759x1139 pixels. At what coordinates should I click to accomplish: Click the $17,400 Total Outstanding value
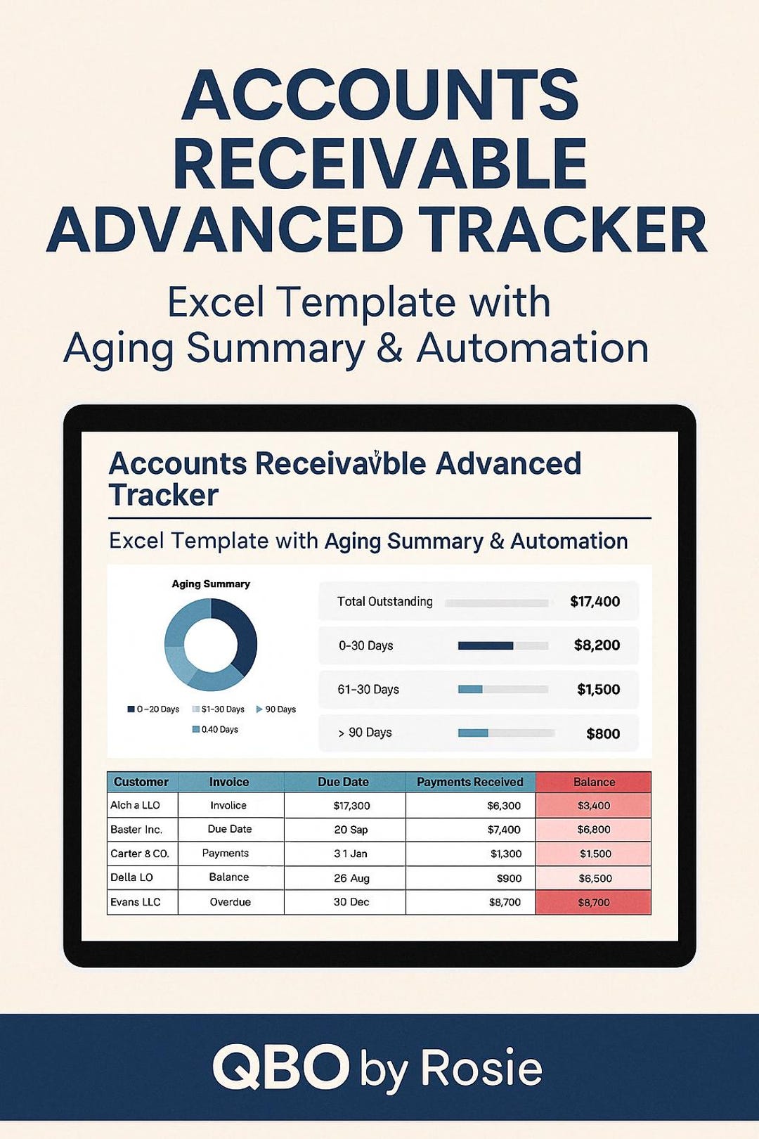[595, 602]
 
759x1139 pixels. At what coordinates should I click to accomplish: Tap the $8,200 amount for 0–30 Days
[597, 645]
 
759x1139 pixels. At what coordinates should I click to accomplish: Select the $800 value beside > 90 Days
[603, 734]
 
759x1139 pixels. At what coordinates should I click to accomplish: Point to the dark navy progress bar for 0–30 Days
[485, 645]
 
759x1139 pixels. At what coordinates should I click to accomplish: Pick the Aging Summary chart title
[211, 584]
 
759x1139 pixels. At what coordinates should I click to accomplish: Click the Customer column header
[141, 782]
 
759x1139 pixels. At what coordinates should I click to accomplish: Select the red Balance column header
[594, 782]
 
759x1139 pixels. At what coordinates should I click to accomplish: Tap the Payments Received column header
[470, 782]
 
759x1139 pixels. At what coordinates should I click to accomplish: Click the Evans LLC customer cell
[136, 902]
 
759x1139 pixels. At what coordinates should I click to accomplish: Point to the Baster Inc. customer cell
[136, 830]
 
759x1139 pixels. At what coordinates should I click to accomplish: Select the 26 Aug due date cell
[351, 878]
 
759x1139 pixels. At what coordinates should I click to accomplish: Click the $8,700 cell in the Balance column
[594, 903]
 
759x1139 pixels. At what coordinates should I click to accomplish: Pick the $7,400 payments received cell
[504, 830]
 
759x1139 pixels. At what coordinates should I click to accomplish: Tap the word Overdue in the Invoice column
[230, 902]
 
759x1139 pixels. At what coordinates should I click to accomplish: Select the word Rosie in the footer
[481, 1069]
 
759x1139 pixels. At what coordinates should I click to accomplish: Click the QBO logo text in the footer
[281, 1067]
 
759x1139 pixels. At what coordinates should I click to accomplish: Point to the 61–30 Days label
[368, 690]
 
